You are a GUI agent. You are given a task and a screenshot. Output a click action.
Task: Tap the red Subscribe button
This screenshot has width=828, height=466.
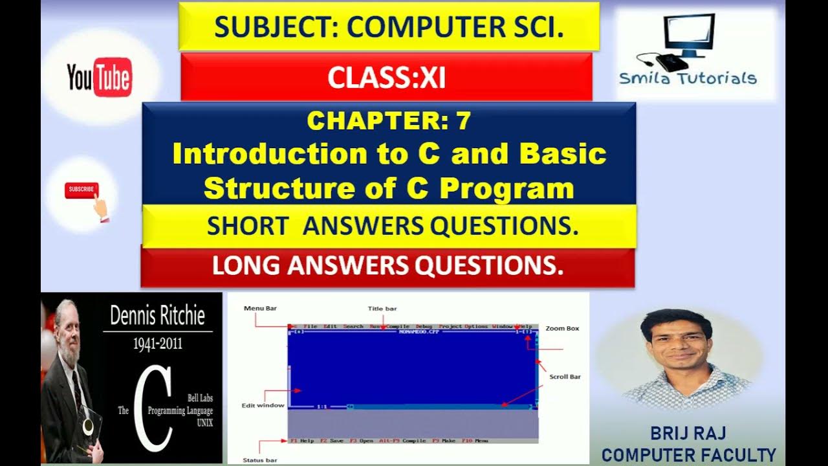click(x=81, y=190)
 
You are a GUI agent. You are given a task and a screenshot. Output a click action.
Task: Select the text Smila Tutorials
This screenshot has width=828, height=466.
click(x=688, y=79)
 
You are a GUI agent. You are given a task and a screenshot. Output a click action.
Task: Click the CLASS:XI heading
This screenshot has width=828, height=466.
click(x=386, y=78)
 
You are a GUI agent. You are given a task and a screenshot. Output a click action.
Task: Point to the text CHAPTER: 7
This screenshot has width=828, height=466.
click(x=389, y=120)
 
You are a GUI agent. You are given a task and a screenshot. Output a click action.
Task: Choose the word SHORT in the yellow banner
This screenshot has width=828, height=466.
click(x=247, y=226)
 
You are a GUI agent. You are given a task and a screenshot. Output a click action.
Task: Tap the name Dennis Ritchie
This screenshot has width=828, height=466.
click(x=157, y=316)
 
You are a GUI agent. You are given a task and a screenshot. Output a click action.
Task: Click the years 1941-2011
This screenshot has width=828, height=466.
click(x=157, y=344)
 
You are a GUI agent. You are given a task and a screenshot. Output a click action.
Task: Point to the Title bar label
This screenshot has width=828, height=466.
click(x=382, y=309)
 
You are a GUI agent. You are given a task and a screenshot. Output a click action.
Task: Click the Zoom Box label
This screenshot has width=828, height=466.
click(x=562, y=328)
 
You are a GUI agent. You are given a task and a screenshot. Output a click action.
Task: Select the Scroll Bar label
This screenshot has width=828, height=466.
click(x=565, y=376)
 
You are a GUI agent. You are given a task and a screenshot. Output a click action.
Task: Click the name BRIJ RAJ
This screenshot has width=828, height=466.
click(x=688, y=434)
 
